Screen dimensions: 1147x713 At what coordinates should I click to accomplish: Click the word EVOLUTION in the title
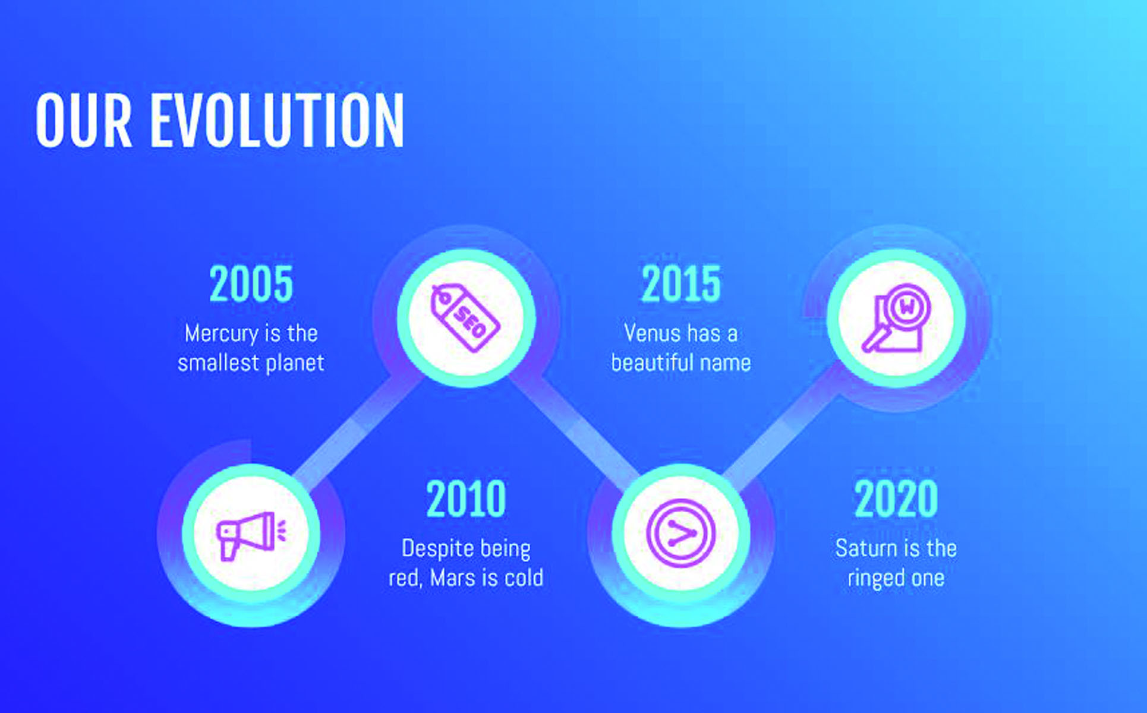click(277, 121)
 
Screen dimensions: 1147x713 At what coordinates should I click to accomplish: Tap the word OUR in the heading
click(84, 121)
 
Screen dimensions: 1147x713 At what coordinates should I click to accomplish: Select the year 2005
click(251, 284)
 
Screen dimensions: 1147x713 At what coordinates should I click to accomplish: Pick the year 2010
click(466, 499)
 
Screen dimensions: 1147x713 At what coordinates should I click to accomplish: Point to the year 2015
click(681, 284)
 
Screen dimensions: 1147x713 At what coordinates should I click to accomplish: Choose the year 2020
click(896, 499)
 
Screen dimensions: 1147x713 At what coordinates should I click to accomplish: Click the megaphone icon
click(251, 535)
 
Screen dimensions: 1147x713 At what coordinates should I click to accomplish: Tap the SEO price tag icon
click(466, 318)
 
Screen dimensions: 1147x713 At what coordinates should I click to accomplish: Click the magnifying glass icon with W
click(896, 318)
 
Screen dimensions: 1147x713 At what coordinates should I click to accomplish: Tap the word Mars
click(455, 578)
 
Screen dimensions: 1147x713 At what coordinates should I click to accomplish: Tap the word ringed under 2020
click(874, 579)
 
